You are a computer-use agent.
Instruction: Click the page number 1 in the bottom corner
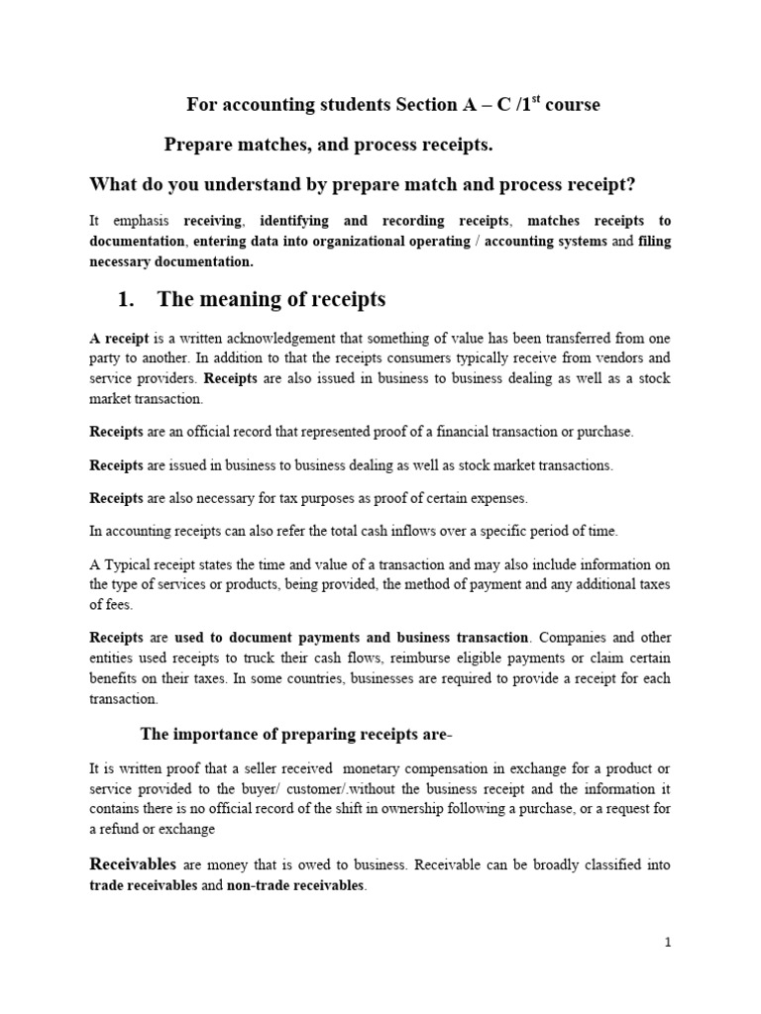click(668, 943)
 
